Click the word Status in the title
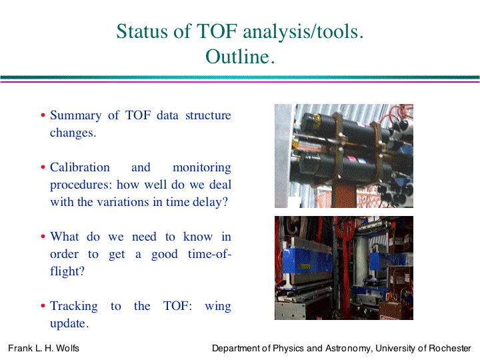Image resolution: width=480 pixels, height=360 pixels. (142, 31)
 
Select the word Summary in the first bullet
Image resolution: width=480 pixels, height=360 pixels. (75, 115)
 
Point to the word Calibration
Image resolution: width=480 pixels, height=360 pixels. (80, 167)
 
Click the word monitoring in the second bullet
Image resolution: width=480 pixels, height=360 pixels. (202, 168)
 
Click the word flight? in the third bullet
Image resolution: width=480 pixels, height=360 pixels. (67, 271)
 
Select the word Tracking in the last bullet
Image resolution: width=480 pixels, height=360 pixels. (74, 306)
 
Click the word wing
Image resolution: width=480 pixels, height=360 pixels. (218, 307)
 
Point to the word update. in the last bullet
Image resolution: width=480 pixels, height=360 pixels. (69, 323)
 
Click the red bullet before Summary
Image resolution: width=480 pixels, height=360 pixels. (43, 115)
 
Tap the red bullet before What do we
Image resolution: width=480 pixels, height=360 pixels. (43, 237)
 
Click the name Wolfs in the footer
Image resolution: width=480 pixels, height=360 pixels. (67, 348)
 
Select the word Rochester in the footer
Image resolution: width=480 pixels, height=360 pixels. (450, 348)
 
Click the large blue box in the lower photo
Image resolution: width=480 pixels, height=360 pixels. (307, 260)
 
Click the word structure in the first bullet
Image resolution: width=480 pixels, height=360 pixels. (208, 115)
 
